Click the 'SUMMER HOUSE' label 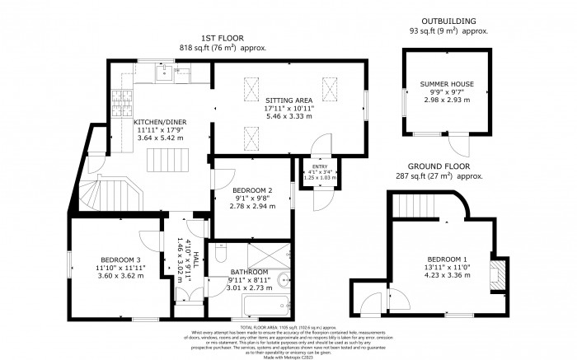click(445, 85)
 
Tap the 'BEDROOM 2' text click(251, 191)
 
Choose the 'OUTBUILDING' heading click(446, 21)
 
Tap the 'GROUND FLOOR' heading click(446, 167)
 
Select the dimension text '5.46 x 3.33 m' click(287, 117)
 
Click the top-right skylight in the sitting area click(330, 86)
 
